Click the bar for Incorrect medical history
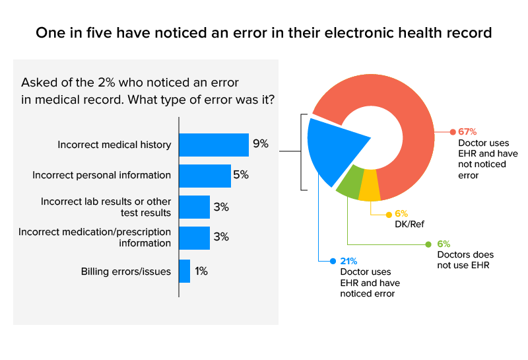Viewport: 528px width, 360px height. coord(214,145)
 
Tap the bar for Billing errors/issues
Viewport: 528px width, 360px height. coord(185,271)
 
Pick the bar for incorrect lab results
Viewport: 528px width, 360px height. coord(195,207)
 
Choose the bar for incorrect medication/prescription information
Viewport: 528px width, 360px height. coord(195,238)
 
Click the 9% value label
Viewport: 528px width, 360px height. coord(259,144)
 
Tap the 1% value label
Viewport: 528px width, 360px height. coord(201,271)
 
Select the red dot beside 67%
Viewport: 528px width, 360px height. coord(453,131)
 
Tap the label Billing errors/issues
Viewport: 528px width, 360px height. coord(126,271)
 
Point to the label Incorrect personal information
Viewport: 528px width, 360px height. coord(102,176)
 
